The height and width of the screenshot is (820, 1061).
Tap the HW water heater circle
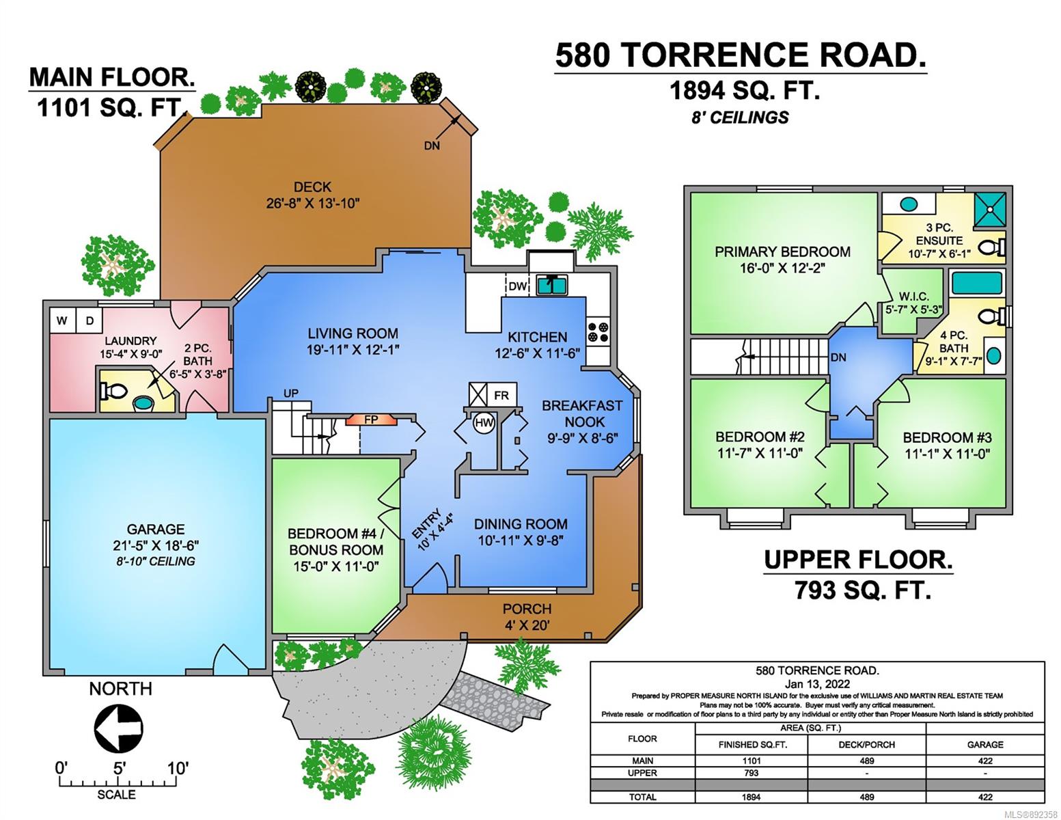[x=484, y=423]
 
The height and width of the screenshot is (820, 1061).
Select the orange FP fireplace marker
[x=371, y=420]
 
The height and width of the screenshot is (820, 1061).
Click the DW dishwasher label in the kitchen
[x=518, y=286]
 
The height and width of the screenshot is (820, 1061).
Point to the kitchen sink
[x=552, y=285]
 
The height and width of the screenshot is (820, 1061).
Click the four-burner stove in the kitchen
[x=598, y=331]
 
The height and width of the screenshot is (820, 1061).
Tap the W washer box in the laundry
[x=62, y=320]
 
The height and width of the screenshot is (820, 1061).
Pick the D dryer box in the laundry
[x=89, y=320]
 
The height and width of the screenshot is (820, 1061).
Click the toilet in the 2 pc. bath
[x=113, y=391]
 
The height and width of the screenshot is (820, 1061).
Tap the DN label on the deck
[x=432, y=146]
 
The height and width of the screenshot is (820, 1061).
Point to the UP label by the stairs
[x=291, y=393]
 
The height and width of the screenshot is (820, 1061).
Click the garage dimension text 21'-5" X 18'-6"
[x=156, y=545]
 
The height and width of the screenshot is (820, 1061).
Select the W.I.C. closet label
[x=913, y=297]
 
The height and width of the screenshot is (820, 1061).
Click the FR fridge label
[x=501, y=395]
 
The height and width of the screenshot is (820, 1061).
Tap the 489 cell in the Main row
[x=867, y=761]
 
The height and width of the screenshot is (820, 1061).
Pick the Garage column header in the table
[x=985, y=744]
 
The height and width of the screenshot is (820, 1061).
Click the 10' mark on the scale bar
[x=177, y=768]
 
